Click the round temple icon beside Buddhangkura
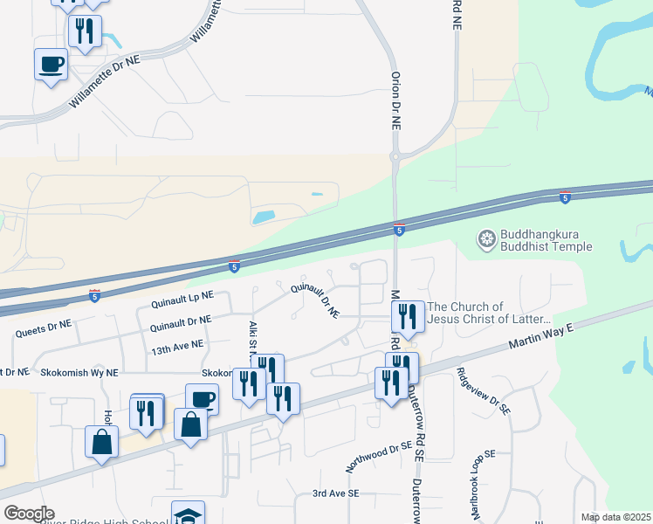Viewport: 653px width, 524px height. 486,237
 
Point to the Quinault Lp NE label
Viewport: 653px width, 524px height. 182,302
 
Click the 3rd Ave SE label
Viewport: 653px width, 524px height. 336,493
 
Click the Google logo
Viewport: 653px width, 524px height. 28,514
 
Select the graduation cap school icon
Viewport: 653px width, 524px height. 189,515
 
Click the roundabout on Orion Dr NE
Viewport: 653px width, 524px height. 395,157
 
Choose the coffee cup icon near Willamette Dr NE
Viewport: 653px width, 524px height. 51,64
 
